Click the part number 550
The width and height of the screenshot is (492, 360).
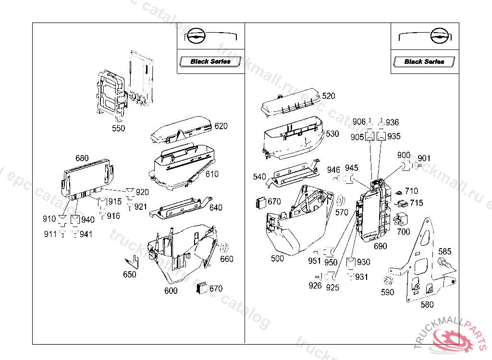[118, 128]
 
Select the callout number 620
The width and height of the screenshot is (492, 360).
[221, 126]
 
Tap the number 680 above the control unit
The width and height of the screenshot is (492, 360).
[82, 158]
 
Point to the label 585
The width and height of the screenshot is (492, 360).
[444, 251]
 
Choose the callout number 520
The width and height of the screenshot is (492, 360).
[329, 96]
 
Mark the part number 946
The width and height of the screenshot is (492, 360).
[333, 169]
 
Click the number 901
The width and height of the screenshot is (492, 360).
[424, 158]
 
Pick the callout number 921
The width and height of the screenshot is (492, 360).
[141, 207]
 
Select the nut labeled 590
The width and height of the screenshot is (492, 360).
[387, 281]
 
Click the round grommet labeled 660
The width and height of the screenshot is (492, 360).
[223, 249]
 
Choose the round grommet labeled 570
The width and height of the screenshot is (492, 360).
[341, 200]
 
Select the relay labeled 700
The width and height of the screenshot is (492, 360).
[398, 220]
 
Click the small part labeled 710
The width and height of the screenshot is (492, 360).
[398, 193]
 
